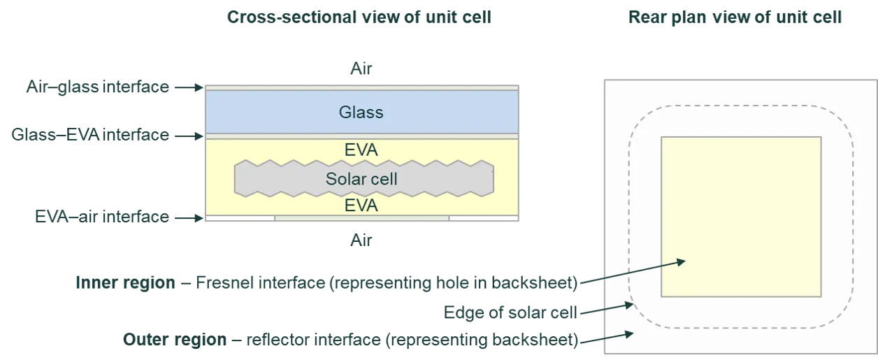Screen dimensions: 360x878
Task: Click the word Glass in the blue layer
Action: [x=361, y=112]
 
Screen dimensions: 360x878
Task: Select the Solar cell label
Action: [x=361, y=179]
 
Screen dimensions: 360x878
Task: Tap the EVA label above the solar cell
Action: [x=361, y=150]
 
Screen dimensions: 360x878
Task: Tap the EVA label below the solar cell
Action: [x=361, y=206]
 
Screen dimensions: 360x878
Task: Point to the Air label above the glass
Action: [x=361, y=71]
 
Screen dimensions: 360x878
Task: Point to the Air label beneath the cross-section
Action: [x=361, y=239]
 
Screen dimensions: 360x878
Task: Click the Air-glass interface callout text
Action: [x=96, y=88]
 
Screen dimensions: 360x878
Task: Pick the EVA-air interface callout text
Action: [x=102, y=217]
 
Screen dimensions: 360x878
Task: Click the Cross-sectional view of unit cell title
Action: [x=359, y=18]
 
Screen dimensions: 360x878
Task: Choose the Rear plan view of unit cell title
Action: [x=735, y=18]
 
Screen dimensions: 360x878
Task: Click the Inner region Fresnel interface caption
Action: [x=326, y=283]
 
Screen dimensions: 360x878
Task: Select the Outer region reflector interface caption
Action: [x=352, y=340]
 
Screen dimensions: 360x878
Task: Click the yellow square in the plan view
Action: [x=740, y=217]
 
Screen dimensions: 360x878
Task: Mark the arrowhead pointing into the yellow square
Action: [x=682, y=262]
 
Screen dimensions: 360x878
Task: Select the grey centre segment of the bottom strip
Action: [x=361, y=219]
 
